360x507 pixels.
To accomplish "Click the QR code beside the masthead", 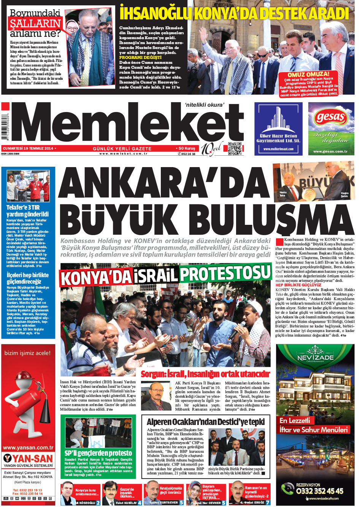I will coord(235,148).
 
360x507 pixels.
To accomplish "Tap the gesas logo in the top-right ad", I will coord(331,117).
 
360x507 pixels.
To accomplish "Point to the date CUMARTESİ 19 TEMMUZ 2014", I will coord(27,148).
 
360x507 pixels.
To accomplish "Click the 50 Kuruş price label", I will coord(186,148).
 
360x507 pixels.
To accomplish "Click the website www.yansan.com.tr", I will coord(28,448).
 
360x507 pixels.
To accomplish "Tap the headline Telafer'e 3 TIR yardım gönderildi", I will coord(27,211).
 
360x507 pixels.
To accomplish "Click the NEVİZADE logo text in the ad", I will coord(315,357).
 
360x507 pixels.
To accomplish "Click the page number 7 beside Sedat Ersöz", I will coord(267,502).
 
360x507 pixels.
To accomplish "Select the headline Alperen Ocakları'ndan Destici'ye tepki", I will coord(206,422).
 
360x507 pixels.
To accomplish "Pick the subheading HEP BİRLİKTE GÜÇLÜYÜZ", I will coord(298,285).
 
